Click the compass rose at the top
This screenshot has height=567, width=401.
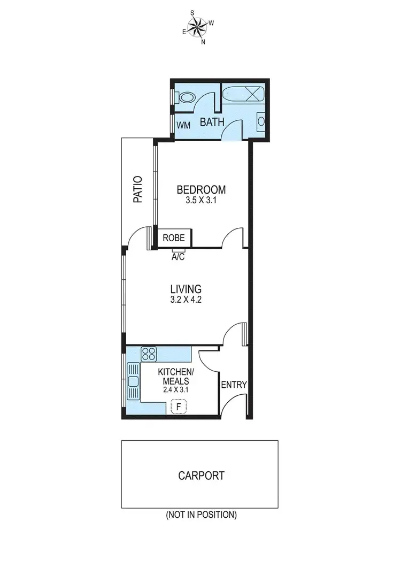pos(198,25)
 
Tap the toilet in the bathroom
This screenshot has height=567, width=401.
pos(185,98)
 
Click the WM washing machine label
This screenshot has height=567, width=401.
pos(183,125)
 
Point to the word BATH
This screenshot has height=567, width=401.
pos(212,122)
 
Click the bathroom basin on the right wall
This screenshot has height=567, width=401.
pos(260,121)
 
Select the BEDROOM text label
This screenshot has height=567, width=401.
pos(201,189)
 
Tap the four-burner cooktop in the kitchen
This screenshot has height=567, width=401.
pos(149,354)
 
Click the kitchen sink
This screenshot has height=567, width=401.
pos(133,382)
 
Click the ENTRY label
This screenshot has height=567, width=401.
pos(234,385)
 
